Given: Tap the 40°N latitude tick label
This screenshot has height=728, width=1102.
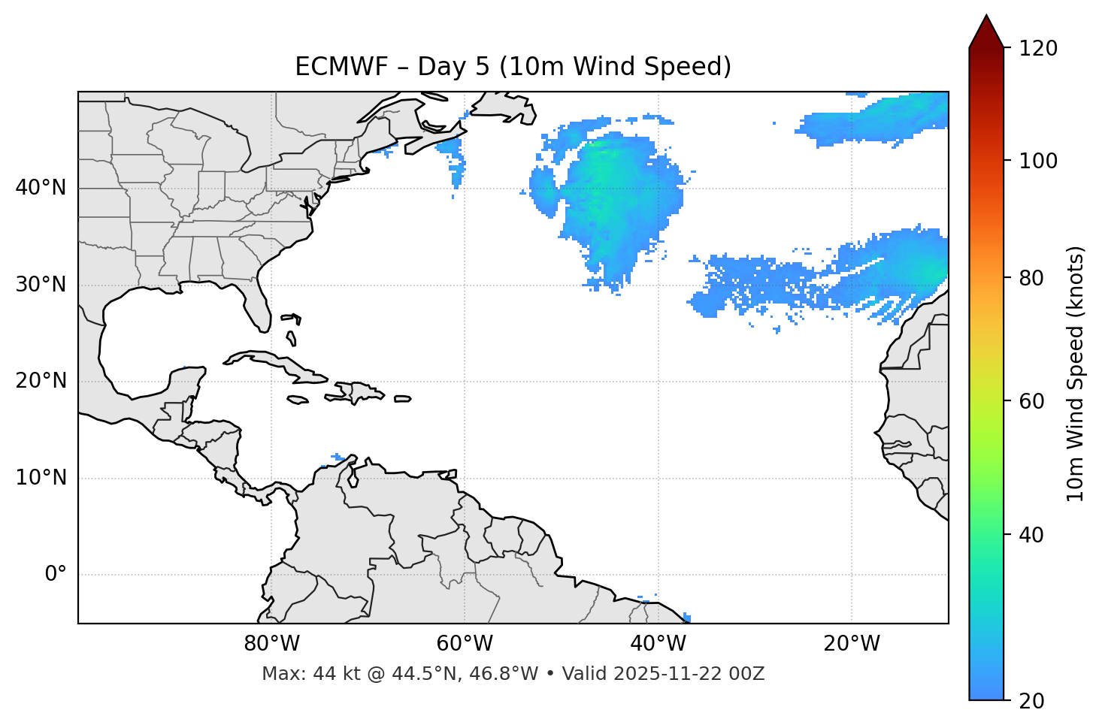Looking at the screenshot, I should tap(41, 188).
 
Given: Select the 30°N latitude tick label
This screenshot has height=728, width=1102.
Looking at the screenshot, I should tap(41, 285).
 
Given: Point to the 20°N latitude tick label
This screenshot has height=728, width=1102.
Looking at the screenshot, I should tap(41, 381).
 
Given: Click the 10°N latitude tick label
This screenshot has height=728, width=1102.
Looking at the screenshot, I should tap(41, 478).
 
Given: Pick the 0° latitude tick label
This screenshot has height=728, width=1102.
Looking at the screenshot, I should tap(55, 575).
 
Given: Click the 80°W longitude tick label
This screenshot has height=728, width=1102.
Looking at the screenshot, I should tap(271, 644).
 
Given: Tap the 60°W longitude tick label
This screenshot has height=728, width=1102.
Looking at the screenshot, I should tap(465, 644).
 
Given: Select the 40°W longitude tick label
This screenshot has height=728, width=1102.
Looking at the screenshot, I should tap(658, 644).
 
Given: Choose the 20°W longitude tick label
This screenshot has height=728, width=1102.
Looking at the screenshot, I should tap(852, 644).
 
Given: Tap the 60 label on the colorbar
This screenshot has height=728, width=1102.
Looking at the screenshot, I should tap(1036, 401).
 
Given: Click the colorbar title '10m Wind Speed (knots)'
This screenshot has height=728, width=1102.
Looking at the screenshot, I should tap(1076, 373).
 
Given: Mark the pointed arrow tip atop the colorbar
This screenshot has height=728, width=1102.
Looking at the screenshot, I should tap(986, 17).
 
